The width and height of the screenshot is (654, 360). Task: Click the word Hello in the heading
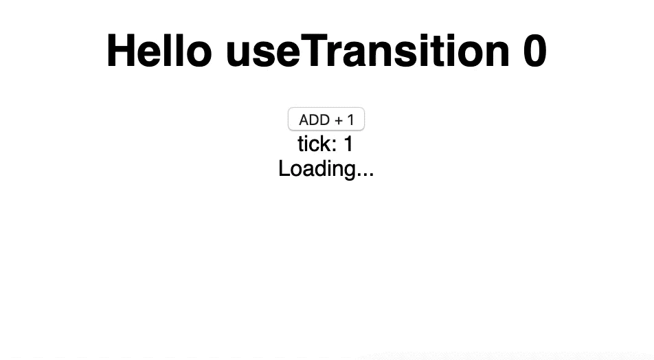[159, 50]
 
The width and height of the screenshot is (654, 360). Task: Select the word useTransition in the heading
[368, 50]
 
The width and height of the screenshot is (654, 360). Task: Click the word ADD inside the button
[315, 120]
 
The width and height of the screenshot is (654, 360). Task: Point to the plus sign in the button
[339, 120]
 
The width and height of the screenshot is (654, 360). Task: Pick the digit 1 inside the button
[350, 120]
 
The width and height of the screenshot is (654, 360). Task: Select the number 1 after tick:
[348, 144]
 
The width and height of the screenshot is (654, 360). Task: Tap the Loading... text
[326, 169]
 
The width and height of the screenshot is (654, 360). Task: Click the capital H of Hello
[120, 50]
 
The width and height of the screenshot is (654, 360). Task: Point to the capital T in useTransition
[314, 50]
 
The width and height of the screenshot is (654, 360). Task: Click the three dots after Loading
[365, 175]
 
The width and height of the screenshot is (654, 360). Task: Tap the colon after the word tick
[334, 146]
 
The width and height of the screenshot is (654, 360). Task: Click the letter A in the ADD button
[304, 120]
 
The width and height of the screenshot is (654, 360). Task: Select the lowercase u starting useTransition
[238, 54]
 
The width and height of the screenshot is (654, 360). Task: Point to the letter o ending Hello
[199, 54]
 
